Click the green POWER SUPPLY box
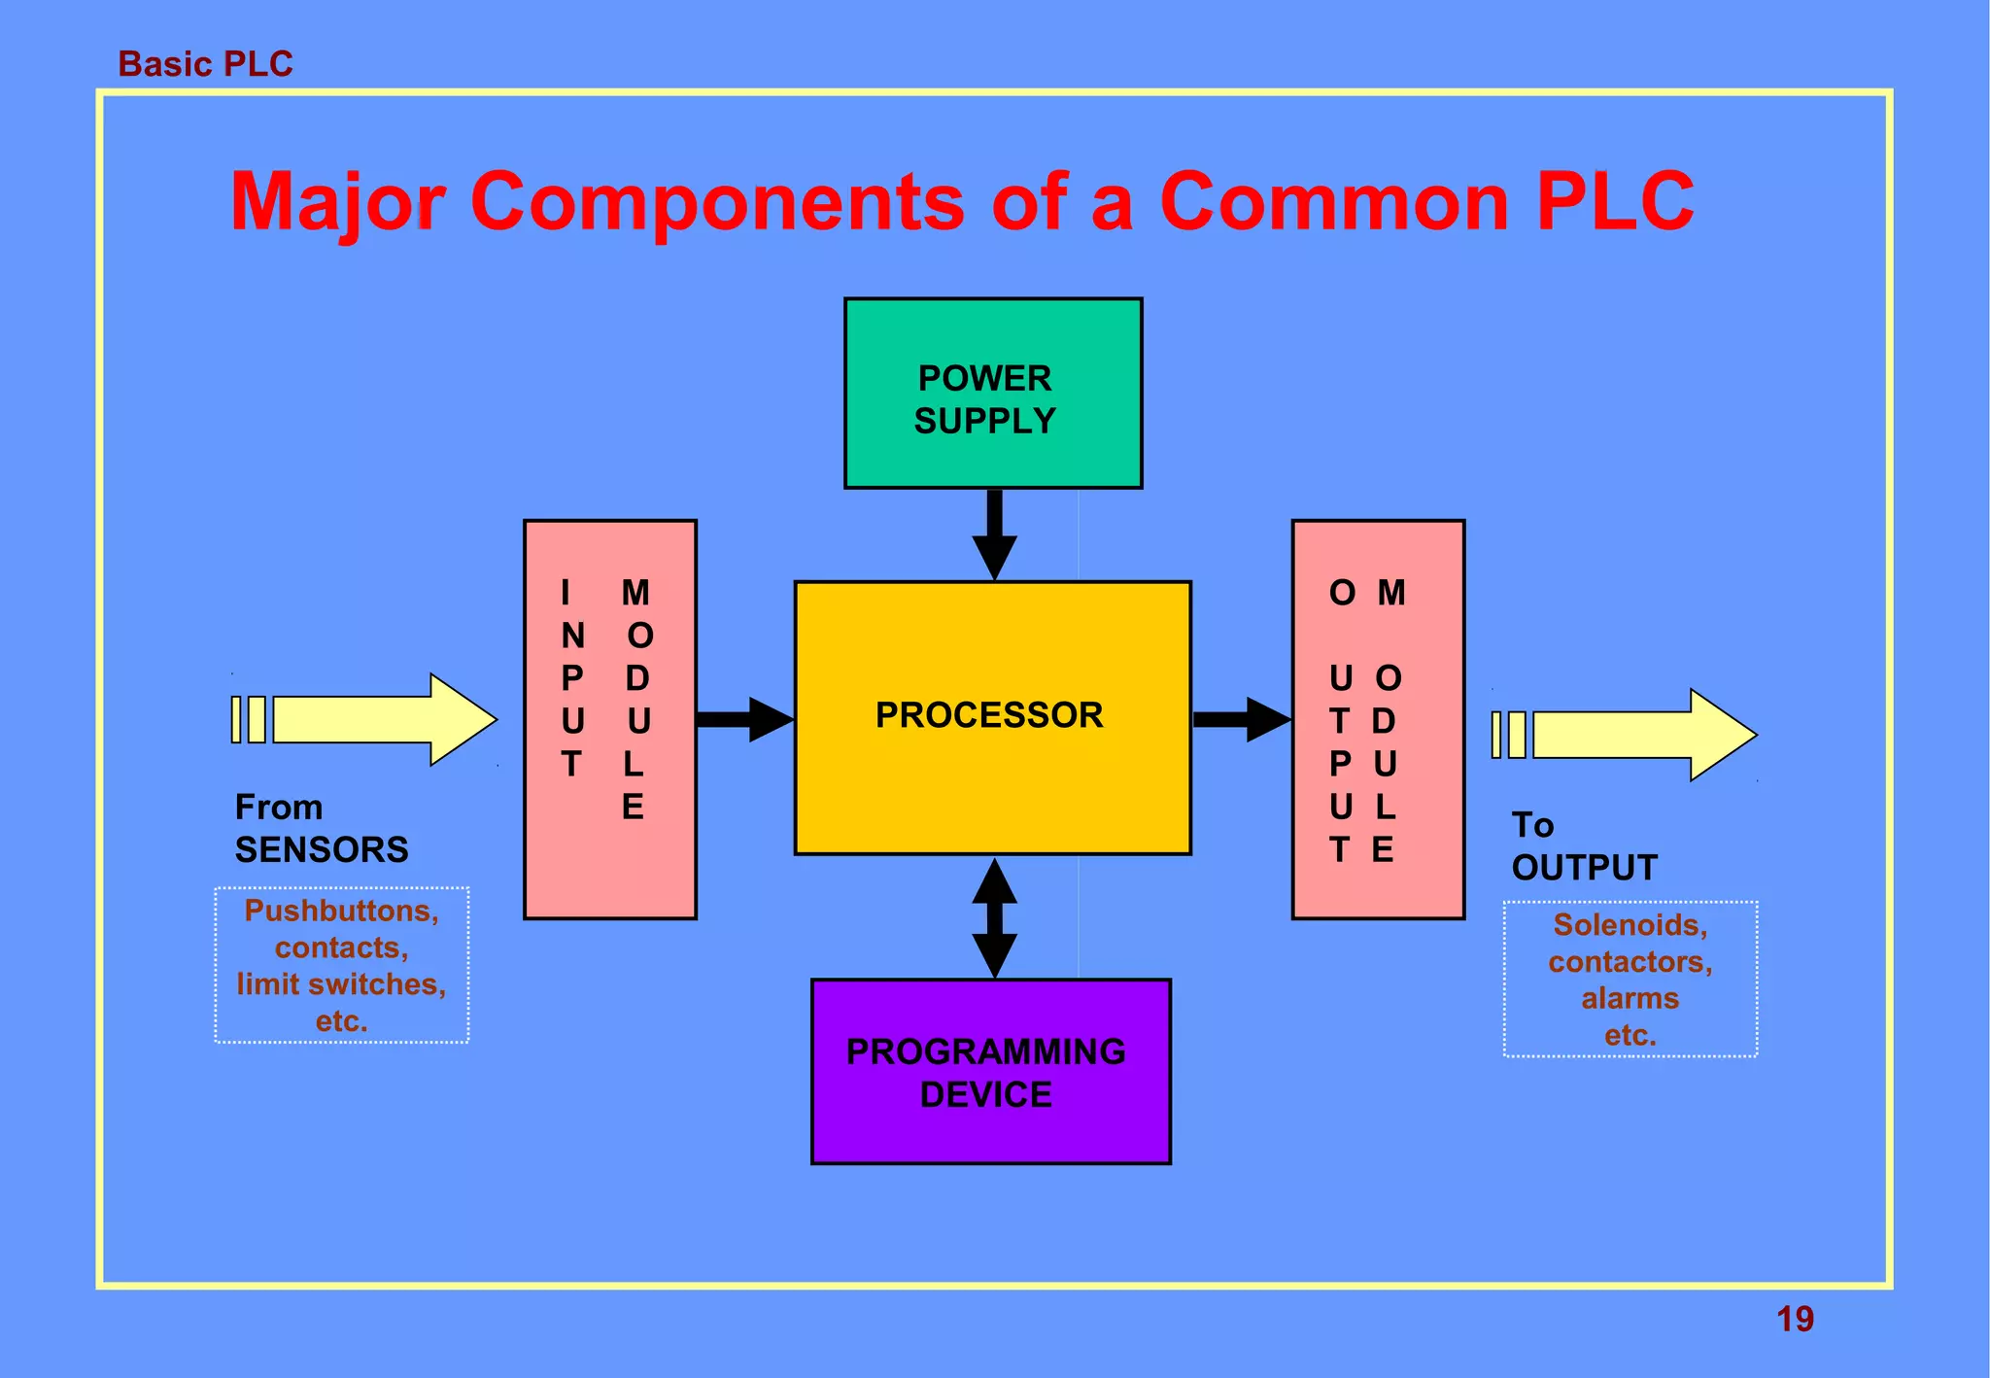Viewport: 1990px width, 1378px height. (x=993, y=393)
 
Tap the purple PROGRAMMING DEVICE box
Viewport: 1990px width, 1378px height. (x=990, y=1071)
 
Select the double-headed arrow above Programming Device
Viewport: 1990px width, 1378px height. (x=994, y=917)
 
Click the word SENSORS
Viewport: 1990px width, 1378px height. (x=322, y=850)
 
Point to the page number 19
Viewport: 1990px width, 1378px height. (x=1795, y=1320)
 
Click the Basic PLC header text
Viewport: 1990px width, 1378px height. (x=205, y=64)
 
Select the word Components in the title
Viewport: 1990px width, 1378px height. (x=717, y=202)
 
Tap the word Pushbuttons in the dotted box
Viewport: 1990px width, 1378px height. (x=341, y=911)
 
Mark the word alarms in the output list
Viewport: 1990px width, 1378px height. (x=1630, y=998)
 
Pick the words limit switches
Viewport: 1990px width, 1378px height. (x=341, y=984)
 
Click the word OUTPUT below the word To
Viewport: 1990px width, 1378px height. (x=1584, y=868)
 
